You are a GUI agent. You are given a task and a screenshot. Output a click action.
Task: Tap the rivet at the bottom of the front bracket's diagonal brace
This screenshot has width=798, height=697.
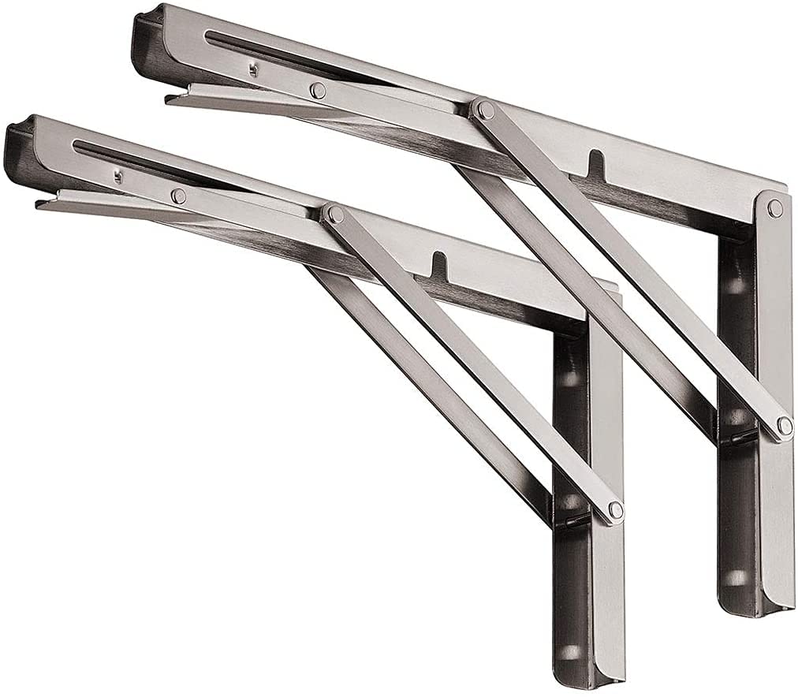(615, 510)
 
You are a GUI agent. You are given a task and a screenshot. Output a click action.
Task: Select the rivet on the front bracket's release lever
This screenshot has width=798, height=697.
(179, 196)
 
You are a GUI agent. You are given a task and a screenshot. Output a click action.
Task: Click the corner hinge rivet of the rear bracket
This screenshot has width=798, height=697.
(775, 208)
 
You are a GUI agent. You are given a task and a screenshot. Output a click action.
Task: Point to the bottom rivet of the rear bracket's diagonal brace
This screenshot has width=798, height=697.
(784, 426)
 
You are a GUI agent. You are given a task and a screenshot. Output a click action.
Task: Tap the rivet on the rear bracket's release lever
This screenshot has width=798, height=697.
(317, 89)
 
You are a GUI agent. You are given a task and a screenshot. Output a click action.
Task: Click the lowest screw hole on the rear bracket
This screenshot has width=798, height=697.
(736, 578)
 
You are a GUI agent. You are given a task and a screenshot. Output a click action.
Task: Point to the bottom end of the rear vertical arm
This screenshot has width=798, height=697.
(757, 611)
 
